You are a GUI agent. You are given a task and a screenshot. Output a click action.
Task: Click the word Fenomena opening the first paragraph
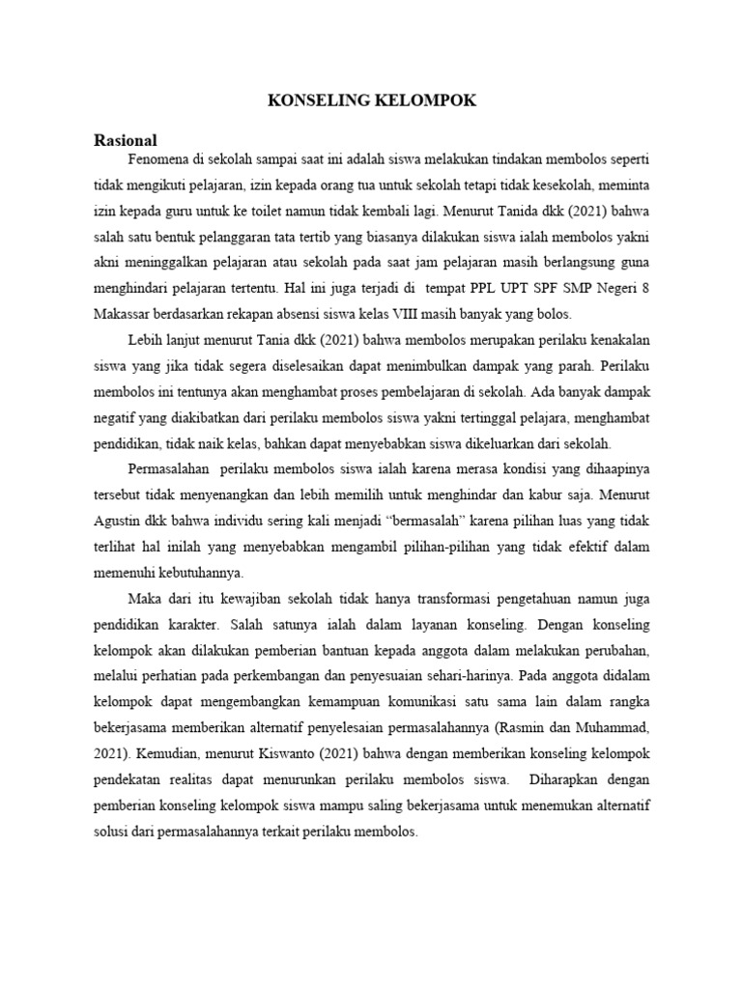click(x=159, y=157)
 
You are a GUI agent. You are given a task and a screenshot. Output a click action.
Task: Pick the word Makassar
click(x=126, y=313)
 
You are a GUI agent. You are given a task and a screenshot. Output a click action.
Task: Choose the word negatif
click(x=117, y=417)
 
